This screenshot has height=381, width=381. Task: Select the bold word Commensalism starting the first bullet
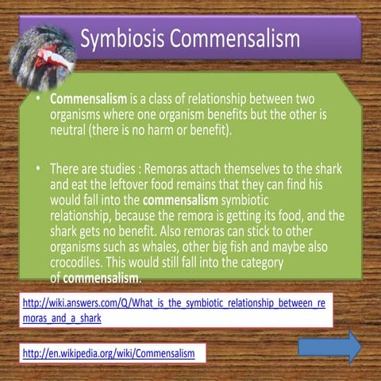tap(88, 100)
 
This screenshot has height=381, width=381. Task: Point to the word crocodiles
tap(82, 265)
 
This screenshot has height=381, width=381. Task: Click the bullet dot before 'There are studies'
tap(37, 170)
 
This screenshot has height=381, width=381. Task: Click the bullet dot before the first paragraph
tap(37, 100)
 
